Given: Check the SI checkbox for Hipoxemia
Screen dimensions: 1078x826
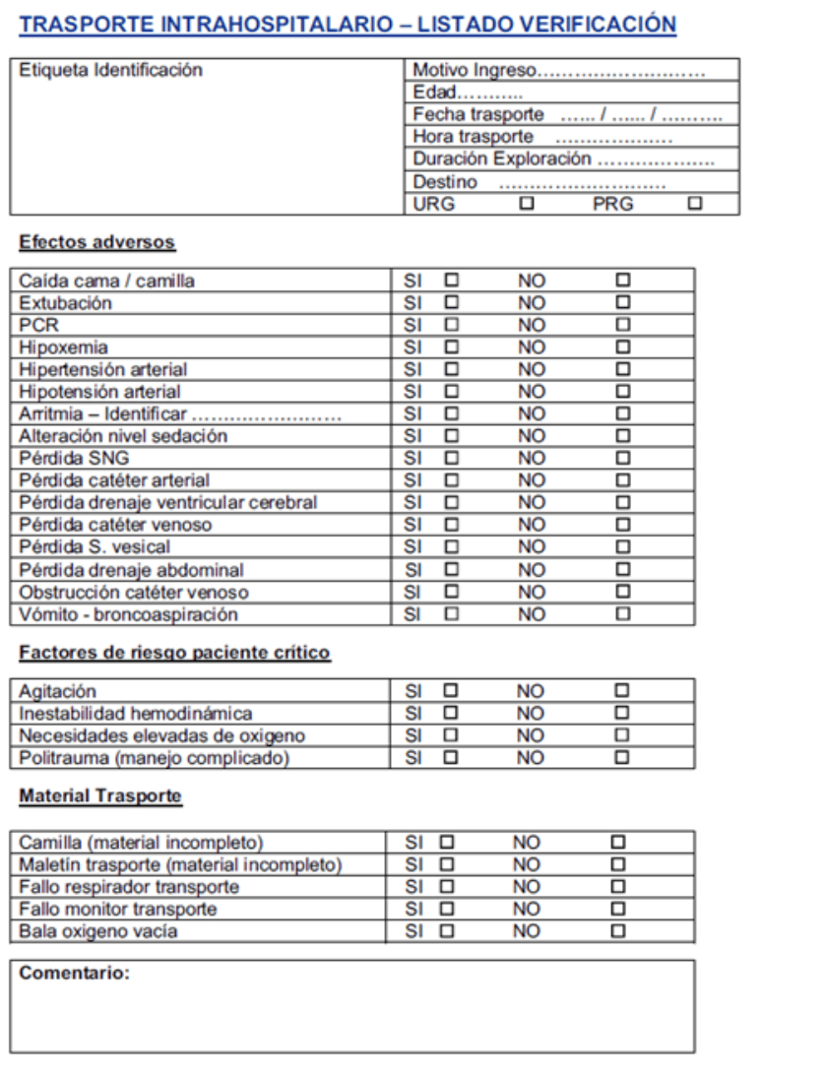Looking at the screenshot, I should [x=451, y=348].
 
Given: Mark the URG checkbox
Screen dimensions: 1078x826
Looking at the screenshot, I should [x=528, y=204].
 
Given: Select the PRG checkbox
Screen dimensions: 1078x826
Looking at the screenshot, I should [x=695, y=204].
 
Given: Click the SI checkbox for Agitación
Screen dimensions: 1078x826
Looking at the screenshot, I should [x=451, y=691].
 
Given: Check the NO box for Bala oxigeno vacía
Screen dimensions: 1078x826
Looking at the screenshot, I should [x=617, y=930].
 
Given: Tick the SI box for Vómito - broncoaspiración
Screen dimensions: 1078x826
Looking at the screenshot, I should [x=451, y=614].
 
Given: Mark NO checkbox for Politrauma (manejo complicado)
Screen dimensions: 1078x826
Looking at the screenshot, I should [x=622, y=758].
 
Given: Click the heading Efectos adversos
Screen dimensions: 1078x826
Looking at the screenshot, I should [x=97, y=242].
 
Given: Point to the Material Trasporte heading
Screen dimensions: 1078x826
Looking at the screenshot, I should [x=100, y=795].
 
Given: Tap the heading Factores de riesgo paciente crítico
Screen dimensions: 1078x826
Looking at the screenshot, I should [x=175, y=653].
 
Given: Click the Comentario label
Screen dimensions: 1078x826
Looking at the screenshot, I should [x=75, y=974].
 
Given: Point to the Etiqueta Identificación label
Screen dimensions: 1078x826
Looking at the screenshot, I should [x=110, y=71].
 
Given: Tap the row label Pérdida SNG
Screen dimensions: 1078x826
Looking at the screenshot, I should [x=74, y=459].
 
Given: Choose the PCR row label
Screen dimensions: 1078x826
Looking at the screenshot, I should [x=33, y=326].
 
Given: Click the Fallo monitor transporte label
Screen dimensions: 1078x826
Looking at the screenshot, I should [x=118, y=909].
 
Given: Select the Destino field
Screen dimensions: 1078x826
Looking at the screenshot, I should [x=581, y=182].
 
